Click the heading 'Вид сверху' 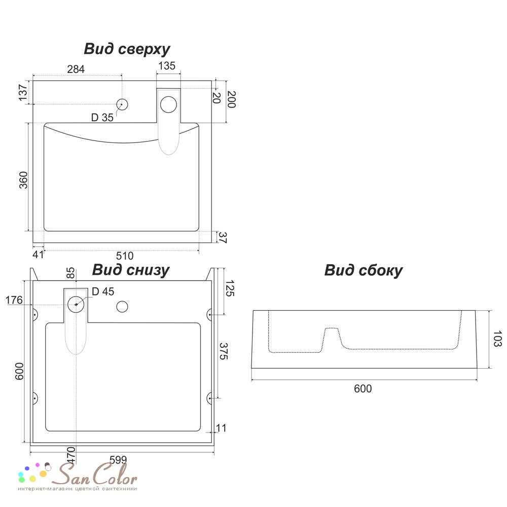point(127,50)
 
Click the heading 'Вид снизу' point(131,270)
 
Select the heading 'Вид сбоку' point(364,271)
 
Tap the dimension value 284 point(76,69)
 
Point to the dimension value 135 point(167,65)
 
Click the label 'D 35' point(102,118)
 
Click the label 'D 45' point(103,292)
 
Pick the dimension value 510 point(125,256)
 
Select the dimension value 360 point(24,180)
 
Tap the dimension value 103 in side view point(497,339)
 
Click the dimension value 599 point(118,460)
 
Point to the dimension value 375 point(224,351)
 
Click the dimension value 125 point(230,288)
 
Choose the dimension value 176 point(14,300)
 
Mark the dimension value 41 point(38,255)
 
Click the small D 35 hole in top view point(122,104)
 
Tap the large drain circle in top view point(168,104)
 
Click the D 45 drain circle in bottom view point(76,304)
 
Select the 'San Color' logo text point(95,474)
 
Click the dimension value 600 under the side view point(363,388)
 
